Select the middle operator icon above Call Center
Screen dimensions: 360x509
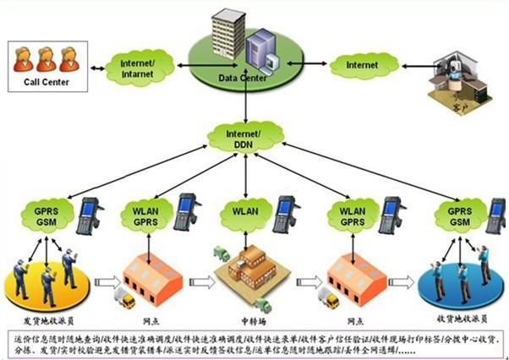(47, 57)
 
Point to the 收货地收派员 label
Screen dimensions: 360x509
(457, 322)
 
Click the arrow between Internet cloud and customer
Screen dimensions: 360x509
(414, 64)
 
